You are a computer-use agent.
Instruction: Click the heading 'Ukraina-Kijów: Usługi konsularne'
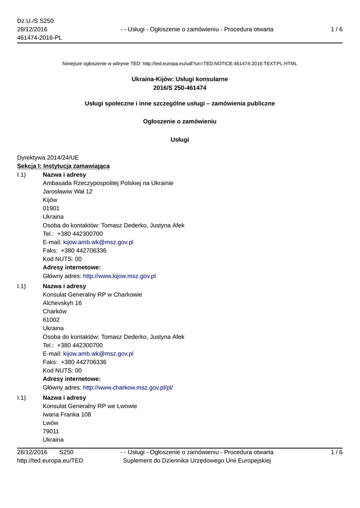180,79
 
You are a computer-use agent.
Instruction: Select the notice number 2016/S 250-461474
180,87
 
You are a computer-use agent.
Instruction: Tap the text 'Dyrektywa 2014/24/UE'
48,157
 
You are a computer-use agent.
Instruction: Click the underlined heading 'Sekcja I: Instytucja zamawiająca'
64,166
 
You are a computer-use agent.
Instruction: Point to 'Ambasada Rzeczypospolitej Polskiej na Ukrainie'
108,183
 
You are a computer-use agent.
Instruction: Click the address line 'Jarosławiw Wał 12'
68,191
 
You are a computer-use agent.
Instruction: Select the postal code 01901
51,208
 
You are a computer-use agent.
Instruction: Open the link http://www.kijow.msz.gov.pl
119,276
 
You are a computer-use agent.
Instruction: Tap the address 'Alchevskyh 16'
63,303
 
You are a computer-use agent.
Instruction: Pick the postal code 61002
51,320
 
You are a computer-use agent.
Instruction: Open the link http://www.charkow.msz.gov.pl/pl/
128,387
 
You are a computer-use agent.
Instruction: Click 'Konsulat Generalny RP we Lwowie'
90,406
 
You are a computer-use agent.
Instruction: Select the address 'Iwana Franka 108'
67,414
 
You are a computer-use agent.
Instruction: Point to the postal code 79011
51,431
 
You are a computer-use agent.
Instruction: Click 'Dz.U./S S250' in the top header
35,21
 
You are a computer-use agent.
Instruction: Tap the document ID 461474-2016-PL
39,38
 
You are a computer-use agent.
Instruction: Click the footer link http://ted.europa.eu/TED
50,460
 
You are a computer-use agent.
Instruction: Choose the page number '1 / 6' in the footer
336,452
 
